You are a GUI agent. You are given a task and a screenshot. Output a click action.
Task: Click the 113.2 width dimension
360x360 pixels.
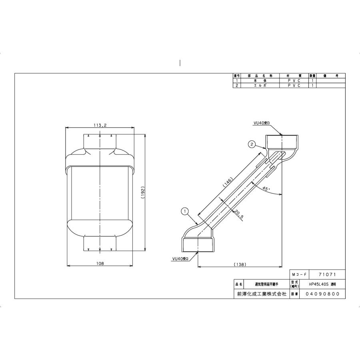pyautogui.click(x=100, y=125)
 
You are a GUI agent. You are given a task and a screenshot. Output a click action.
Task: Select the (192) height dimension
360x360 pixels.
pyautogui.click(x=142, y=193)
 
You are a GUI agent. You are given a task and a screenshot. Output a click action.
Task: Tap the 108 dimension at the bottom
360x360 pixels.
pyautogui.click(x=100, y=263)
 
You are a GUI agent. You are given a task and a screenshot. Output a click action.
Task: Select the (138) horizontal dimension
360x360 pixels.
pyautogui.click(x=240, y=264)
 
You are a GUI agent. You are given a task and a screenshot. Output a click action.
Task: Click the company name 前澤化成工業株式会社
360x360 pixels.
pyautogui.click(x=262, y=294)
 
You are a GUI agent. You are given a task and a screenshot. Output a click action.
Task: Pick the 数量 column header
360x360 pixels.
pyautogui.click(x=312, y=76)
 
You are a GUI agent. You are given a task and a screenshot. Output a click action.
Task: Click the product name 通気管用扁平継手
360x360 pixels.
pyautogui.click(x=266, y=284)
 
